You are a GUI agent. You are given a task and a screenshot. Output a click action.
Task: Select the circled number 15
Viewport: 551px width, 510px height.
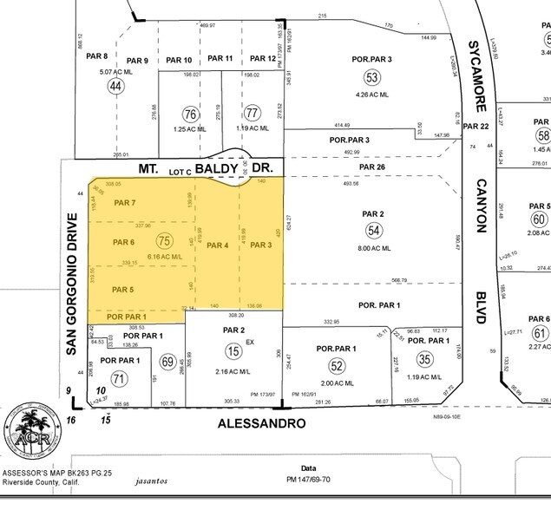point(233,350)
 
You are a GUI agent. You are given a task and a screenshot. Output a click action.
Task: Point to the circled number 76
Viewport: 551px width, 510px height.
point(191,114)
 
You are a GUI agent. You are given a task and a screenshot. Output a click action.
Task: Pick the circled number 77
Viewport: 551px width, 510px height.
point(253,114)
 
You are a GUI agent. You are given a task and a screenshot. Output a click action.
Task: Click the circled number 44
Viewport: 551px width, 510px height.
point(115,86)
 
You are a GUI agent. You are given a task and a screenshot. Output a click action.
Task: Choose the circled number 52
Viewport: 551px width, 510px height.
point(337,365)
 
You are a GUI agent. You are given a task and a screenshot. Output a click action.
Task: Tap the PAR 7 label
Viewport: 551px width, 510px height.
point(125,203)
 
